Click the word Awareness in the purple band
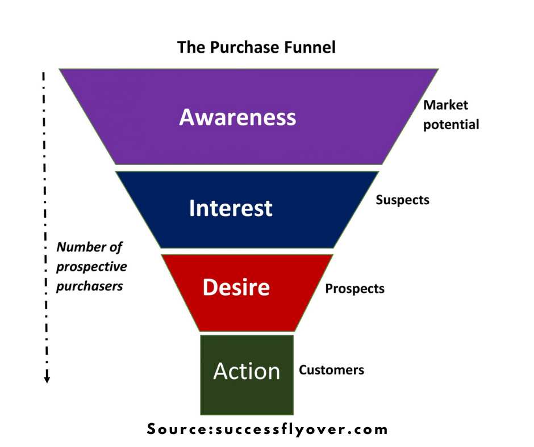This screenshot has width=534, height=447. (237, 117)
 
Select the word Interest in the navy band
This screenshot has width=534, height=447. (231, 208)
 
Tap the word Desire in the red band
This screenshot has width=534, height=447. (236, 288)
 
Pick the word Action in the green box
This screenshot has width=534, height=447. (247, 371)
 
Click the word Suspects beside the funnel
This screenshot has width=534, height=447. (402, 200)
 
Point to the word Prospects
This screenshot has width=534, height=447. (354, 289)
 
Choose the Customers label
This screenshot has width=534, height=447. (331, 370)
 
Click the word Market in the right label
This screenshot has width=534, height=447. (446, 105)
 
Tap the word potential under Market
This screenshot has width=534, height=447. (451, 124)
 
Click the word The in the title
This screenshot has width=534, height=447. (189, 47)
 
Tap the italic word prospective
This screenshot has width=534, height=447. (91, 267)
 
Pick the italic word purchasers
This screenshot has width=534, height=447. (89, 286)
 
